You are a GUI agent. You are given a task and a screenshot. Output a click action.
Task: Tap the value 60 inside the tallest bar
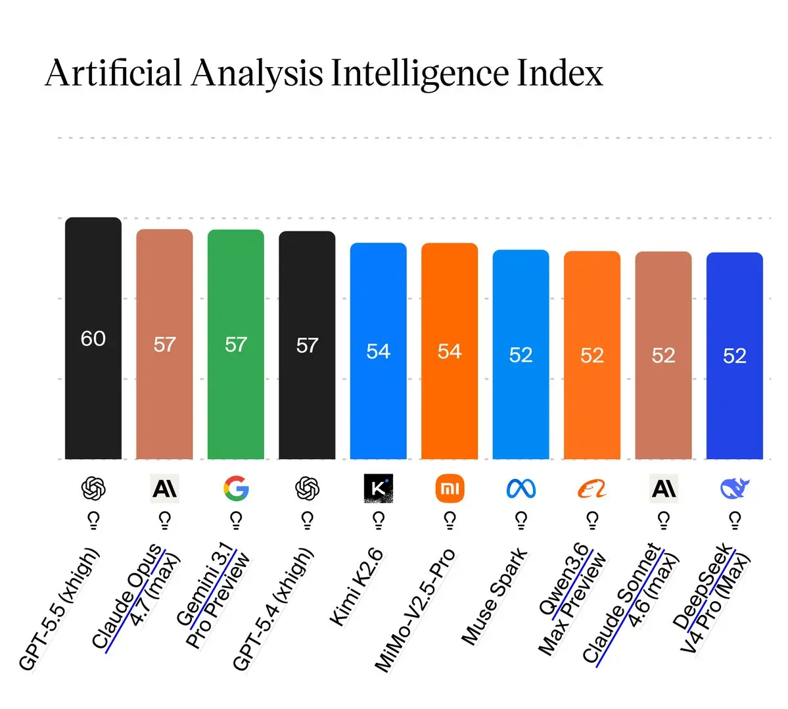coord(93,339)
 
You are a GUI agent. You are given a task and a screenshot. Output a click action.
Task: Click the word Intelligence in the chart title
coord(420,74)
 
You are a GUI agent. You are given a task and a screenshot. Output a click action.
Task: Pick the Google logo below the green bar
coord(236,489)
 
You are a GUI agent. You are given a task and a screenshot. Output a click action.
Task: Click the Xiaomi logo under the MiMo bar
coord(450,489)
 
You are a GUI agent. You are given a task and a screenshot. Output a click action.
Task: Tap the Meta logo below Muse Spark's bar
coord(521,489)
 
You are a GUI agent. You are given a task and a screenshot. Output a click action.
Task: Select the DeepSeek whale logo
coord(735,489)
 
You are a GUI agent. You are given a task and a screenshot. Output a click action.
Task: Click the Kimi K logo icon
coord(378,489)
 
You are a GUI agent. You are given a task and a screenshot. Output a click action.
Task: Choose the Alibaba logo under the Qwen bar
coord(591,489)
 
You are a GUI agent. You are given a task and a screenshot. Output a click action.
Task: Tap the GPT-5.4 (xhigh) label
coord(273,609)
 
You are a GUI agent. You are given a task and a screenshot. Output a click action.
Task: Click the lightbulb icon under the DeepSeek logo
coord(735,521)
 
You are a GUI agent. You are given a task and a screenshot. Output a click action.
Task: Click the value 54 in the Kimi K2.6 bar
coord(379,352)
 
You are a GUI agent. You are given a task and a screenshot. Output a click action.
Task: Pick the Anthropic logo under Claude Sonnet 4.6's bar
coord(663,489)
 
